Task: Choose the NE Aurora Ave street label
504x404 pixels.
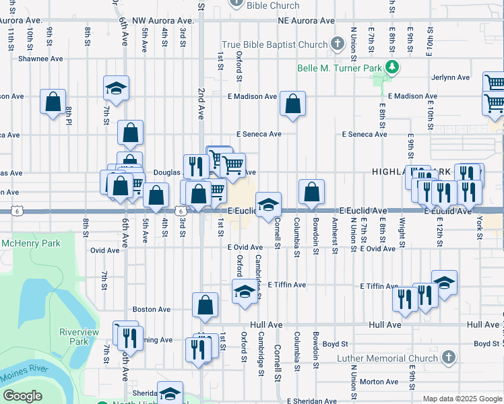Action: pos(306,21)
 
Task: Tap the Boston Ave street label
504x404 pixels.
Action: pos(152,309)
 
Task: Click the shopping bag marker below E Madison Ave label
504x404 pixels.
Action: pos(292,104)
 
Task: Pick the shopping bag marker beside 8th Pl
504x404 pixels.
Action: pos(53,102)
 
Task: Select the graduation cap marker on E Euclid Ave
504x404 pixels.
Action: pos(268,204)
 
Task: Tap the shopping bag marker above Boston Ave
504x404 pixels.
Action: pos(205,304)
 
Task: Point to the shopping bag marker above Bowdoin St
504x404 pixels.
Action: pos(311,191)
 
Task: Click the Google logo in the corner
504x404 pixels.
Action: pos(23,396)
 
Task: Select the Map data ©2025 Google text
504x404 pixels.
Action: pos(462,399)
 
